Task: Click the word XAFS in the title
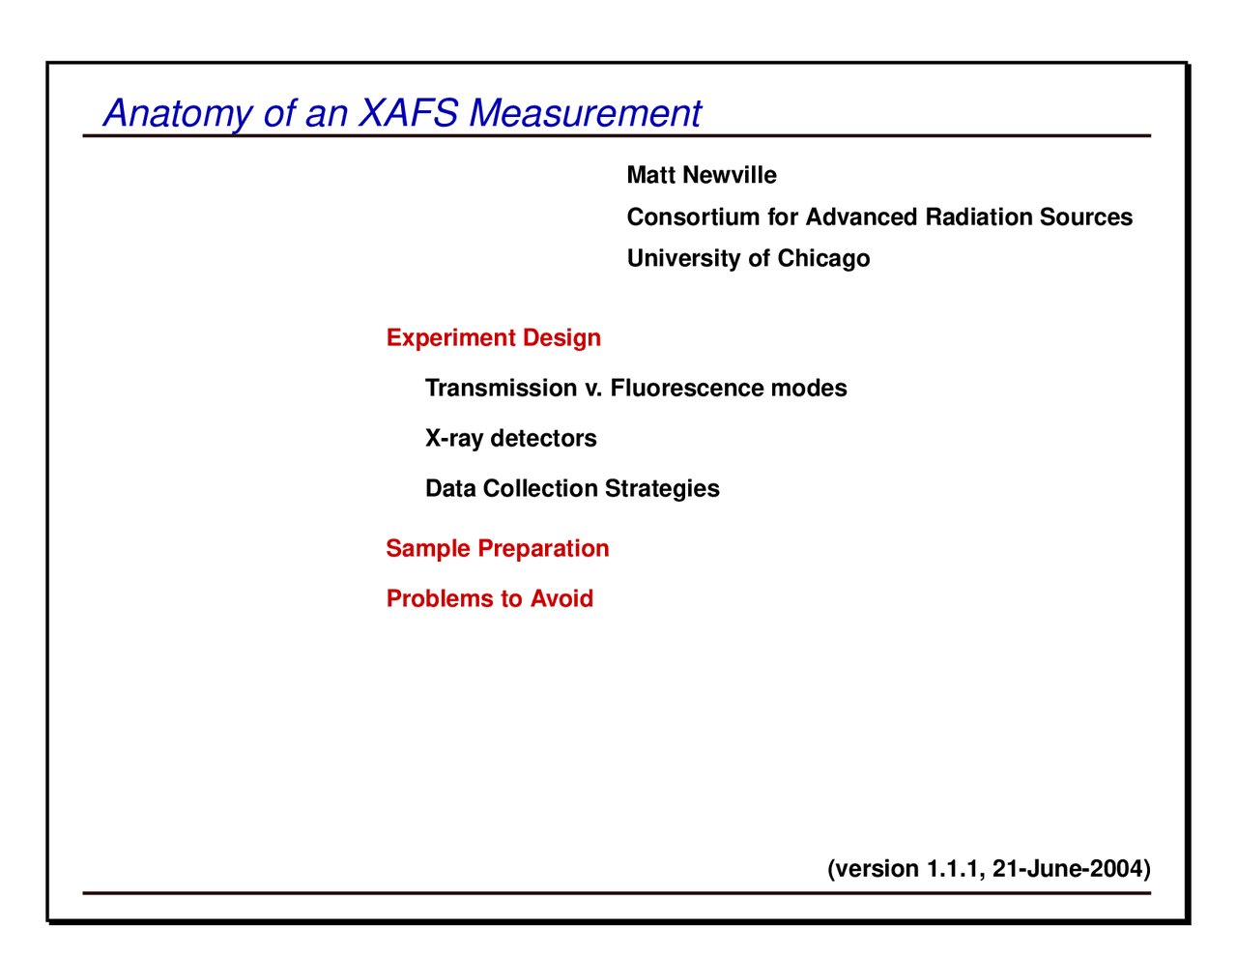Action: [408, 113]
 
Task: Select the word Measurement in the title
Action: [586, 113]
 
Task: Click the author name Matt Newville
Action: [702, 175]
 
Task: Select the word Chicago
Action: [823, 258]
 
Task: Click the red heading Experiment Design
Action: [493, 337]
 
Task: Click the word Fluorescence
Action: [687, 388]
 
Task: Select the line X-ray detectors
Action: [510, 438]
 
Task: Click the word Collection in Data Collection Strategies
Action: [540, 488]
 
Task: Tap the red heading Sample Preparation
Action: [497, 548]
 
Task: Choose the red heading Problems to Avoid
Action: [489, 598]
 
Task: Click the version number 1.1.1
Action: [955, 868]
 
